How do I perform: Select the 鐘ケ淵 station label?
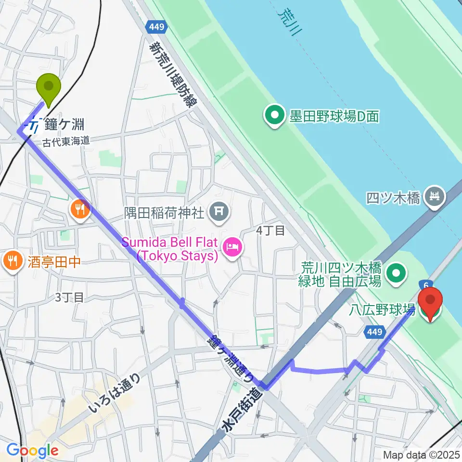(x=64, y=125)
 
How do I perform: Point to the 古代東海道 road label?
(x=66, y=141)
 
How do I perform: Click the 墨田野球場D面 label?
(x=334, y=116)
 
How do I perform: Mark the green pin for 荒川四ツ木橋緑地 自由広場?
(x=397, y=273)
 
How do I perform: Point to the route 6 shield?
(x=426, y=285)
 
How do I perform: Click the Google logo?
(x=32, y=450)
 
